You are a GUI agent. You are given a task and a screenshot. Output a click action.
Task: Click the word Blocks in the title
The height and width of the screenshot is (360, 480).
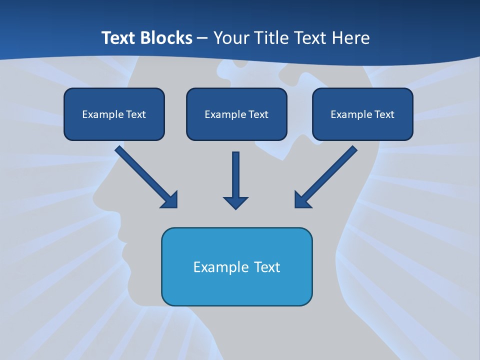167,38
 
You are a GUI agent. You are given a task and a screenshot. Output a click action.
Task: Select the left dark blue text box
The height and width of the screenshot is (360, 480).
114,114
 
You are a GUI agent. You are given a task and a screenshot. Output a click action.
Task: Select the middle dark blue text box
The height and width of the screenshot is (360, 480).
236,114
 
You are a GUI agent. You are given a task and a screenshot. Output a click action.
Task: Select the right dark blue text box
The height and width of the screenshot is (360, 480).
362,114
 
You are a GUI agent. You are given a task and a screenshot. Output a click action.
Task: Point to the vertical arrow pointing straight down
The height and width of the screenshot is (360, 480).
235,177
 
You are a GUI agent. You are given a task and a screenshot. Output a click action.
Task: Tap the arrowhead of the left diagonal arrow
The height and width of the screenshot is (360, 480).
170,200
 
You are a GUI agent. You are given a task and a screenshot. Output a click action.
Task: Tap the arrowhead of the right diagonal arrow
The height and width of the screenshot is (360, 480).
302,200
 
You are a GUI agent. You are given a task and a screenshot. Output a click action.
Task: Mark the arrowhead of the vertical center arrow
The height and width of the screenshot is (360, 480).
235,202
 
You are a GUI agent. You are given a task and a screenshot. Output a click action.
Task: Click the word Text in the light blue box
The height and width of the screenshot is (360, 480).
267,267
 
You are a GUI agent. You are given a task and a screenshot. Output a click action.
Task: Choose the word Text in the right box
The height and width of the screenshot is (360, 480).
384,114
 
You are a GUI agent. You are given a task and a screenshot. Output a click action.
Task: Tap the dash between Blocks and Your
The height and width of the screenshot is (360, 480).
202,38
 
